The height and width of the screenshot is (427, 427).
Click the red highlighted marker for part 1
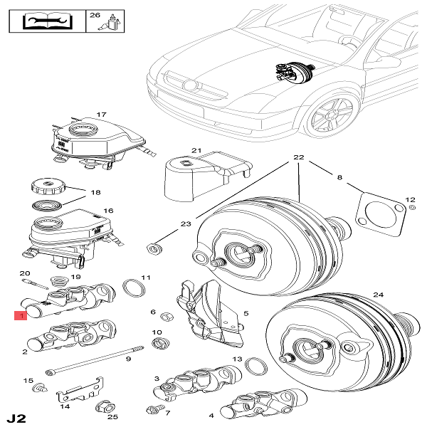click(x=23, y=315)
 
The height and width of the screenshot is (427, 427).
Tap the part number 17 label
click(x=101, y=115)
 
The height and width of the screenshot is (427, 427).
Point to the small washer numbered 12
click(x=412, y=209)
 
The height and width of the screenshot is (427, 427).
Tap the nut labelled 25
click(x=101, y=408)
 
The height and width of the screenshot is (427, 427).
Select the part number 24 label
click(x=377, y=294)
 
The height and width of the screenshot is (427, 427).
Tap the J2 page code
click(x=16, y=416)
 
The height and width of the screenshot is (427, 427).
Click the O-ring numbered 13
click(x=255, y=366)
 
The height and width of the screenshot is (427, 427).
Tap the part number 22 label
click(x=299, y=157)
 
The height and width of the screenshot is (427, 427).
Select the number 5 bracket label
click(x=246, y=312)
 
